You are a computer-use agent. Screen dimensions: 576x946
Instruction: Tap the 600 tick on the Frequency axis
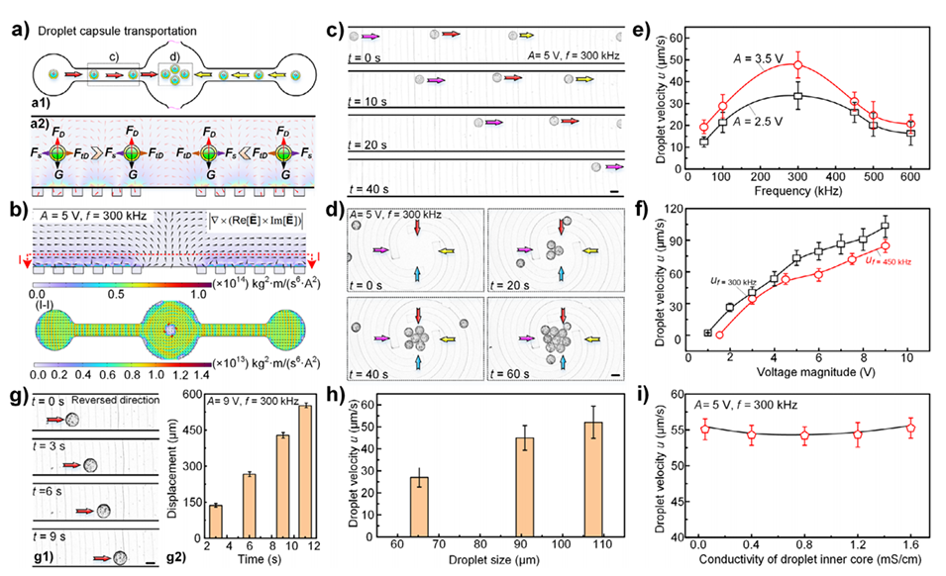point(906,176)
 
